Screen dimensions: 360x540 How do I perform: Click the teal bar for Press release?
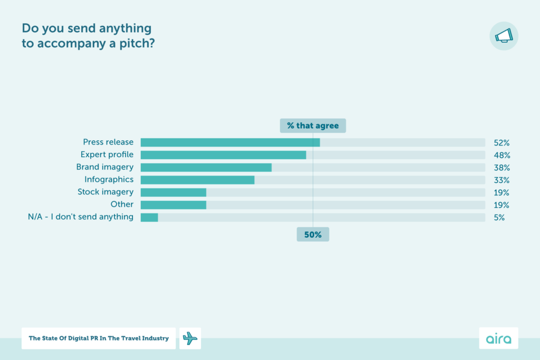pyautogui.click(x=230, y=142)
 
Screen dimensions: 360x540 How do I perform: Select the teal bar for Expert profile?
pyautogui.click(x=223, y=155)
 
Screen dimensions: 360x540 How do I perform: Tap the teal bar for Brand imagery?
pyautogui.click(x=206, y=168)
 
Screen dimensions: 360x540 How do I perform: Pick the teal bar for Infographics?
pyautogui.click(x=197, y=180)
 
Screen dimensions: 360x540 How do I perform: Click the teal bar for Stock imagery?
pyautogui.click(x=173, y=192)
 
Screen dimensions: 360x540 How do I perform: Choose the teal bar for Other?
pyautogui.click(x=173, y=205)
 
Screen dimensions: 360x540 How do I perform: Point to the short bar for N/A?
pyautogui.click(x=149, y=217)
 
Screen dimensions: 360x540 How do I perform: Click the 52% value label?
pyautogui.click(x=502, y=143)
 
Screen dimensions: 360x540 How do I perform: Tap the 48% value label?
pyautogui.click(x=502, y=155)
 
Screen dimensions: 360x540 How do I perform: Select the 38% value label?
pyautogui.click(x=502, y=168)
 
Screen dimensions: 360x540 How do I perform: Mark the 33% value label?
pyautogui.click(x=502, y=180)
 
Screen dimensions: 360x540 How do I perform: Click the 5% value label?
pyautogui.click(x=499, y=217)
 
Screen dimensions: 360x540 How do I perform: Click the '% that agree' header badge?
pyautogui.click(x=313, y=125)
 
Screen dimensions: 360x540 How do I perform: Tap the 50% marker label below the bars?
pyautogui.click(x=313, y=235)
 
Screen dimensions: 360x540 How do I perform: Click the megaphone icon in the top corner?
pyautogui.click(x=504, y=36)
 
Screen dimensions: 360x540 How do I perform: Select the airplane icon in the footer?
pyautogui.click(x=190, y=338)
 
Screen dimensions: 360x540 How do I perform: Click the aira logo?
pyautogui.click(x=498, y=338)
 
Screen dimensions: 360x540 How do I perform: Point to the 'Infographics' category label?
pyautogui.click(x=109, y=180)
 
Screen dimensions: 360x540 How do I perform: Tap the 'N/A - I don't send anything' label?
pyautogui.click(x=81, y=217)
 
